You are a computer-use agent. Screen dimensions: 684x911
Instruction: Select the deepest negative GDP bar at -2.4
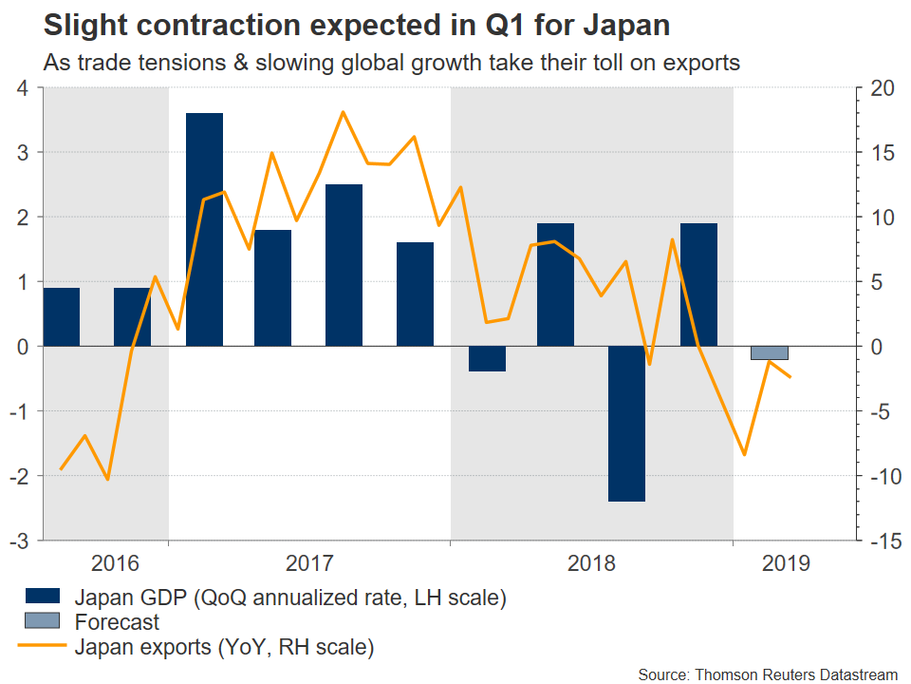pos(626,423)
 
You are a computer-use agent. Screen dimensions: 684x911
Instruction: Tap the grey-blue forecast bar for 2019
pos(769,352)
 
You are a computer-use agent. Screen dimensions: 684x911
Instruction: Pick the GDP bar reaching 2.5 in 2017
pos(344,265)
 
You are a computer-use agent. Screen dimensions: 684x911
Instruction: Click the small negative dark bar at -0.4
pos(487,358)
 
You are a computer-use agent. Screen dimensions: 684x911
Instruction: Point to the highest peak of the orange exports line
pos(343,112)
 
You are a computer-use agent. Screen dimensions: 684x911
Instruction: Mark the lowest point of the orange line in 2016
pos(108,479)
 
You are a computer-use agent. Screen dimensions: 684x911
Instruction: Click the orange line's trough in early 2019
pos(745,454)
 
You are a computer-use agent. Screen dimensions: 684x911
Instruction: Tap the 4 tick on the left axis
pos(24,88)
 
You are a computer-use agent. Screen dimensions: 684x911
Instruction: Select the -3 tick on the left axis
pos(19,540)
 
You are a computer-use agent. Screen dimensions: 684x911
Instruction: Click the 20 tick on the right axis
pos(882,88)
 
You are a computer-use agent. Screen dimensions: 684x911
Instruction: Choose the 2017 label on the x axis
pos(309,563)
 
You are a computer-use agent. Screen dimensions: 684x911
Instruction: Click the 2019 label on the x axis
pos(786,563)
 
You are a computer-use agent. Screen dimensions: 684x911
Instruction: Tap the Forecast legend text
pos(117,623)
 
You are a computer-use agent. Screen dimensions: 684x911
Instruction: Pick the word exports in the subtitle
pos(698,63)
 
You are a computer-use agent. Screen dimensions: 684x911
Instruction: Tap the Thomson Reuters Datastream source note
pos(767,674)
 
